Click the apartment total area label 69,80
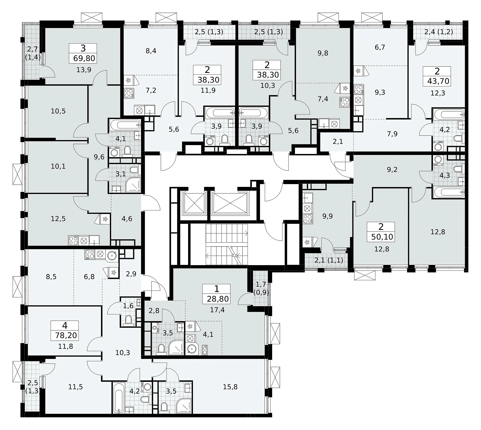84,58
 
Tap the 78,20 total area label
66,336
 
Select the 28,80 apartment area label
218,299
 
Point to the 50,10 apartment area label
382,237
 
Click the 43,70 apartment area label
438,81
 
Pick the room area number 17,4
217,310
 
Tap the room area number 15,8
230,387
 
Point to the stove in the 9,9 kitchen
308,219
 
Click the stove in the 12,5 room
73,240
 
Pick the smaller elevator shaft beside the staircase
195,203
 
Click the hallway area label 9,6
99,157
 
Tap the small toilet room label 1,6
128,306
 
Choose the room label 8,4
151,51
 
